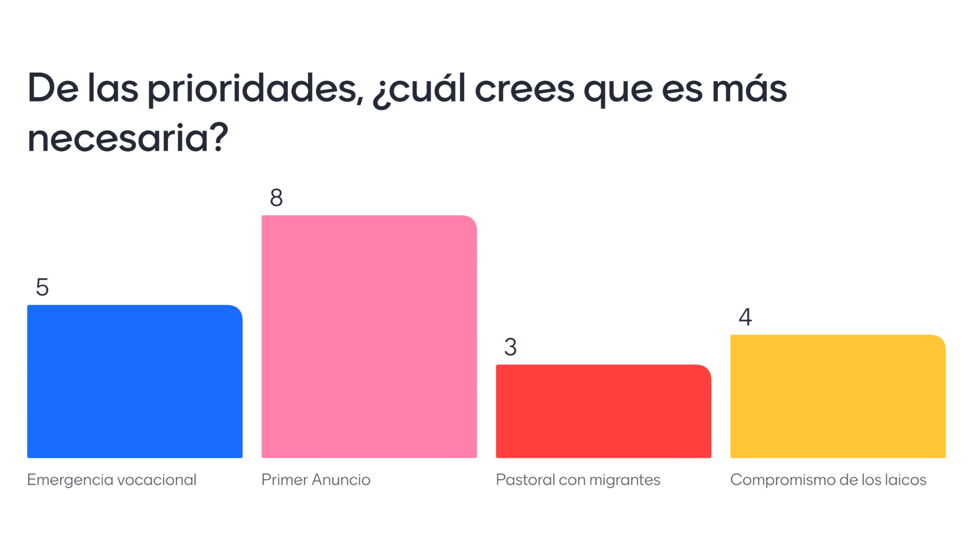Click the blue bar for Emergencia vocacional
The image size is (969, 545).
(135, 381)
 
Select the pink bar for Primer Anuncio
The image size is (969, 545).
(369, 337)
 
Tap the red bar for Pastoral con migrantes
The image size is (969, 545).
(603, 411)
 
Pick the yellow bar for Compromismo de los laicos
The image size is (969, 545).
(838, 396)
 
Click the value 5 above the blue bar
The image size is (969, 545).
(42, 288)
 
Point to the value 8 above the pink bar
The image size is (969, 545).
(276, 198)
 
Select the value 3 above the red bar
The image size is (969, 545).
(510, 348)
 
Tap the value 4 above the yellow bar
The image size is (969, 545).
(745, 317)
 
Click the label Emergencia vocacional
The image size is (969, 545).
(111, 480)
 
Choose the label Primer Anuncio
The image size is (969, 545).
(316, 480)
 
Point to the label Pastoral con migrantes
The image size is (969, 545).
(578, 480)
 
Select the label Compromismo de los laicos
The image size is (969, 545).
(828, 480)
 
